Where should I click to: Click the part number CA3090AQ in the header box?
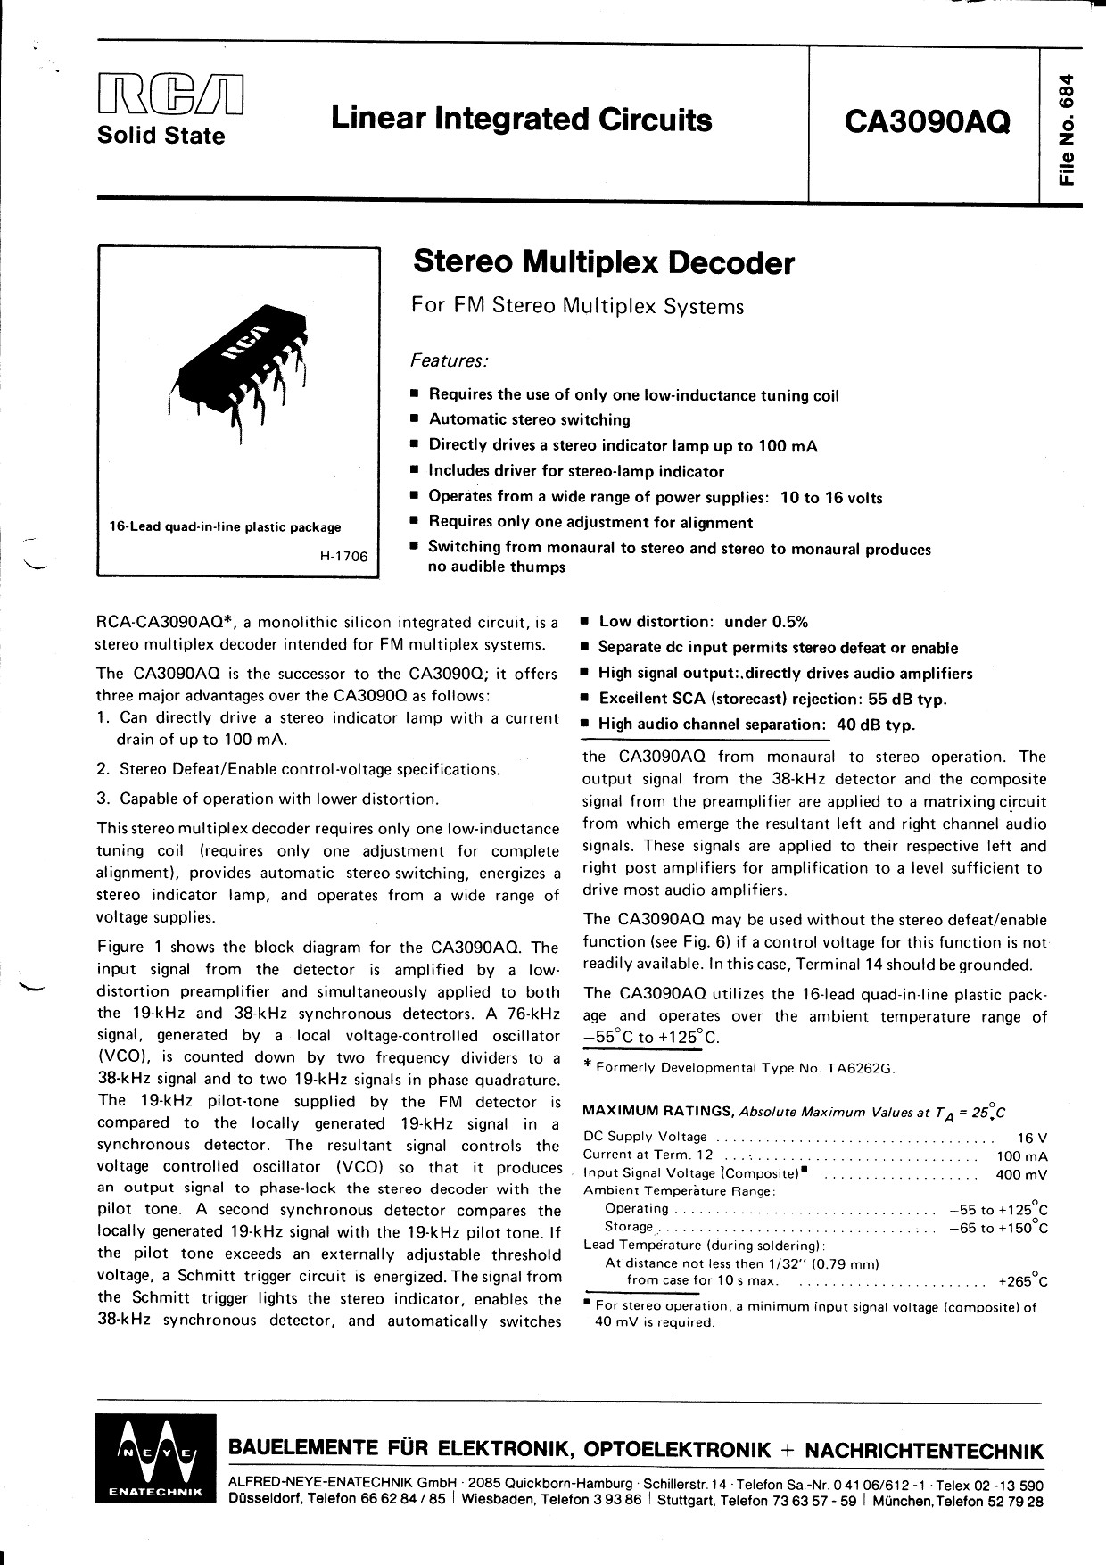[922, 120]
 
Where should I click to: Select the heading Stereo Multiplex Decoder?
[602, 262]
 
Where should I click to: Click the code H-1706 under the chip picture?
[343, 556]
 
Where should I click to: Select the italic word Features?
[449, 360]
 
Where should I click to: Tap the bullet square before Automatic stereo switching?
[415, 419]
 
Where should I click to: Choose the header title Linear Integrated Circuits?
[522, 120]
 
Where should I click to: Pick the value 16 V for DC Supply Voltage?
[1032, 1138]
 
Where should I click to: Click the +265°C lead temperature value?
[1022, 1281]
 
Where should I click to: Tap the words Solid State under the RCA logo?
[161, 137]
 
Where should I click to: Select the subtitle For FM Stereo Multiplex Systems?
[577, 307]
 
